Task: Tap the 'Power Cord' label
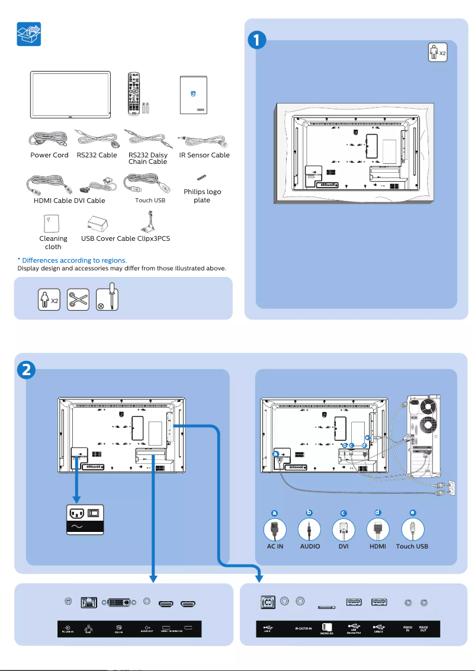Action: click(49, 155)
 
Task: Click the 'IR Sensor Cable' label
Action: click(204, 155)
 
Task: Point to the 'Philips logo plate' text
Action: click(202, 196)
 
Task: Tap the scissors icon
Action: click(78, 300)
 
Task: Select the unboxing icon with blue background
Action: click(29, 34)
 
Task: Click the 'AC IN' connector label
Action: click(275, 546)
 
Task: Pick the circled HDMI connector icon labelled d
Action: click(378, 529)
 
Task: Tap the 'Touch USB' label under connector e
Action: click(412, 546)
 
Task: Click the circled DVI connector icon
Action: click(344, 529)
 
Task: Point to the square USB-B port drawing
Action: click(267, 602)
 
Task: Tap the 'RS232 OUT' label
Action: click(423, 628)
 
